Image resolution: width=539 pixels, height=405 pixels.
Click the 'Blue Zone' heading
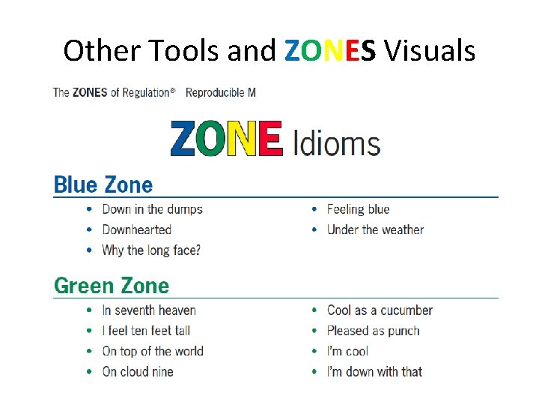103,184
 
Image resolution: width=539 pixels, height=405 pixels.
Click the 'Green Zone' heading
112,286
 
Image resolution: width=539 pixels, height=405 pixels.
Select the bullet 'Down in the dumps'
152,209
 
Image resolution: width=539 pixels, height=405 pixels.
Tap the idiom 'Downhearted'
137,229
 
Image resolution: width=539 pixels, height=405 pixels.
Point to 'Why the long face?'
151,250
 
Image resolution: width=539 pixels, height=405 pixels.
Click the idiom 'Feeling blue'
358,209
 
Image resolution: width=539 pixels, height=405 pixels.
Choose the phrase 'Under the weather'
375,229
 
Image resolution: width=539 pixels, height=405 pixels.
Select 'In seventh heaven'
149,310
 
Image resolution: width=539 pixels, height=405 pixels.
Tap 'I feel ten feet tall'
146,331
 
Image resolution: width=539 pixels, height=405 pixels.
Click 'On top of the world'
153,351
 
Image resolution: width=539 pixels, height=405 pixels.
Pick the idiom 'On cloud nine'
138,371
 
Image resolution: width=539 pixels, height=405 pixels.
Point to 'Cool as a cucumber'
380,310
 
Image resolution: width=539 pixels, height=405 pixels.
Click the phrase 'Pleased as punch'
373,331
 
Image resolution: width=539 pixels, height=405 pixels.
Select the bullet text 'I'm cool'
347,351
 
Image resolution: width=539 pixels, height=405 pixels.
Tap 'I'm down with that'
374,371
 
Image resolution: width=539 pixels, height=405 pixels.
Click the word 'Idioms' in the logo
336,142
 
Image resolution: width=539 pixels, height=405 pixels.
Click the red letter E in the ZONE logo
267,139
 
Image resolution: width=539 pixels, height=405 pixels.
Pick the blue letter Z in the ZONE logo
185,139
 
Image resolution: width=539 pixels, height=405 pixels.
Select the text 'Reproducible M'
220,93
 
